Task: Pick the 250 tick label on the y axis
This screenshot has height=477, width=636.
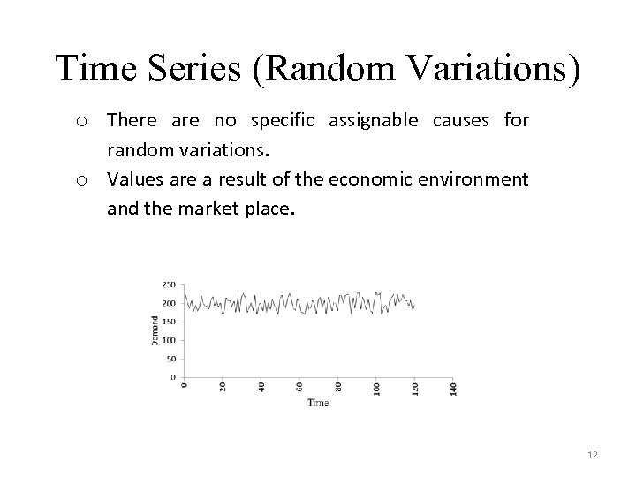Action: tap(169, 284)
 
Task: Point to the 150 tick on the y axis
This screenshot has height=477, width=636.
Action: tap(169, 322)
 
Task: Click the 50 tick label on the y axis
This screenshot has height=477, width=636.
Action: tap(170, 359)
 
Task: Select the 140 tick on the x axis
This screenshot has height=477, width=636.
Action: tap(454, 388)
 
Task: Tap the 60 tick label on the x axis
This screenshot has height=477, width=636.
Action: tap(299, 387)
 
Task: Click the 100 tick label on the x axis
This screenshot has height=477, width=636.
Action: tap(376, 388)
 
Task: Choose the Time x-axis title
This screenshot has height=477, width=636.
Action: tap(318, 403)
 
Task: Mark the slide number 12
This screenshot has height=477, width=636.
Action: tap(591, 454)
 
